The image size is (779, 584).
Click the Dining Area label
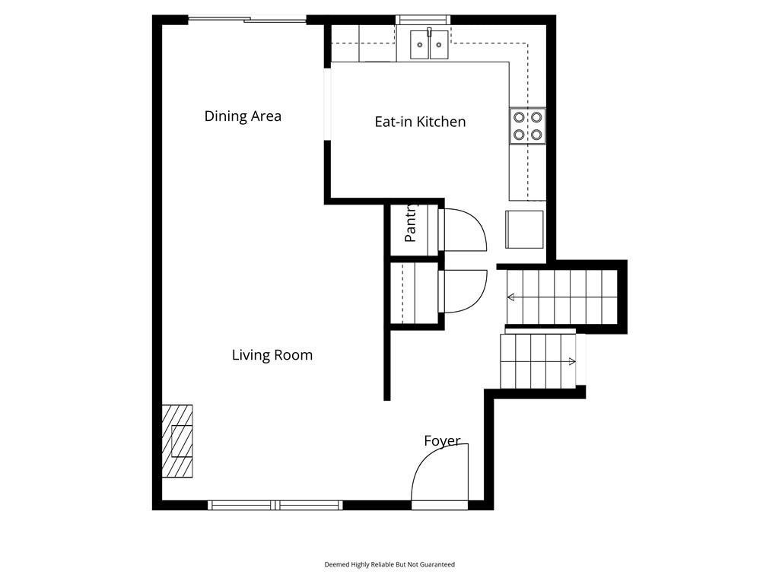[x=243, y=116]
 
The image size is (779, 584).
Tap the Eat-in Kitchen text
[x=420, y=122]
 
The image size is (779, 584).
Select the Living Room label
[x=272, y=355]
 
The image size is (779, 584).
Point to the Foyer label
[x=442, y=440]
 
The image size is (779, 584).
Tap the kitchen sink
[x=430, y=44]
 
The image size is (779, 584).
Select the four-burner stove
[x=527, y=126]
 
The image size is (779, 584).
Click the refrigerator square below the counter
[x=525, y=230]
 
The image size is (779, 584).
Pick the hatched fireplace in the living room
[x=177, y=441]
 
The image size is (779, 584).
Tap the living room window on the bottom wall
[x=275, y=505]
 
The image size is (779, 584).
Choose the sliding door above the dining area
[x=247, y=20]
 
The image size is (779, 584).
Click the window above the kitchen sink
[x=423, y=20]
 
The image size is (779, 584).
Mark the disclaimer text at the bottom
[x=389, y=565]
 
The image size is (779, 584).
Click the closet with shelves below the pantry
[x=415, y=293]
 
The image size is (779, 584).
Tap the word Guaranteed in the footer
[x=437, y=565]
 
